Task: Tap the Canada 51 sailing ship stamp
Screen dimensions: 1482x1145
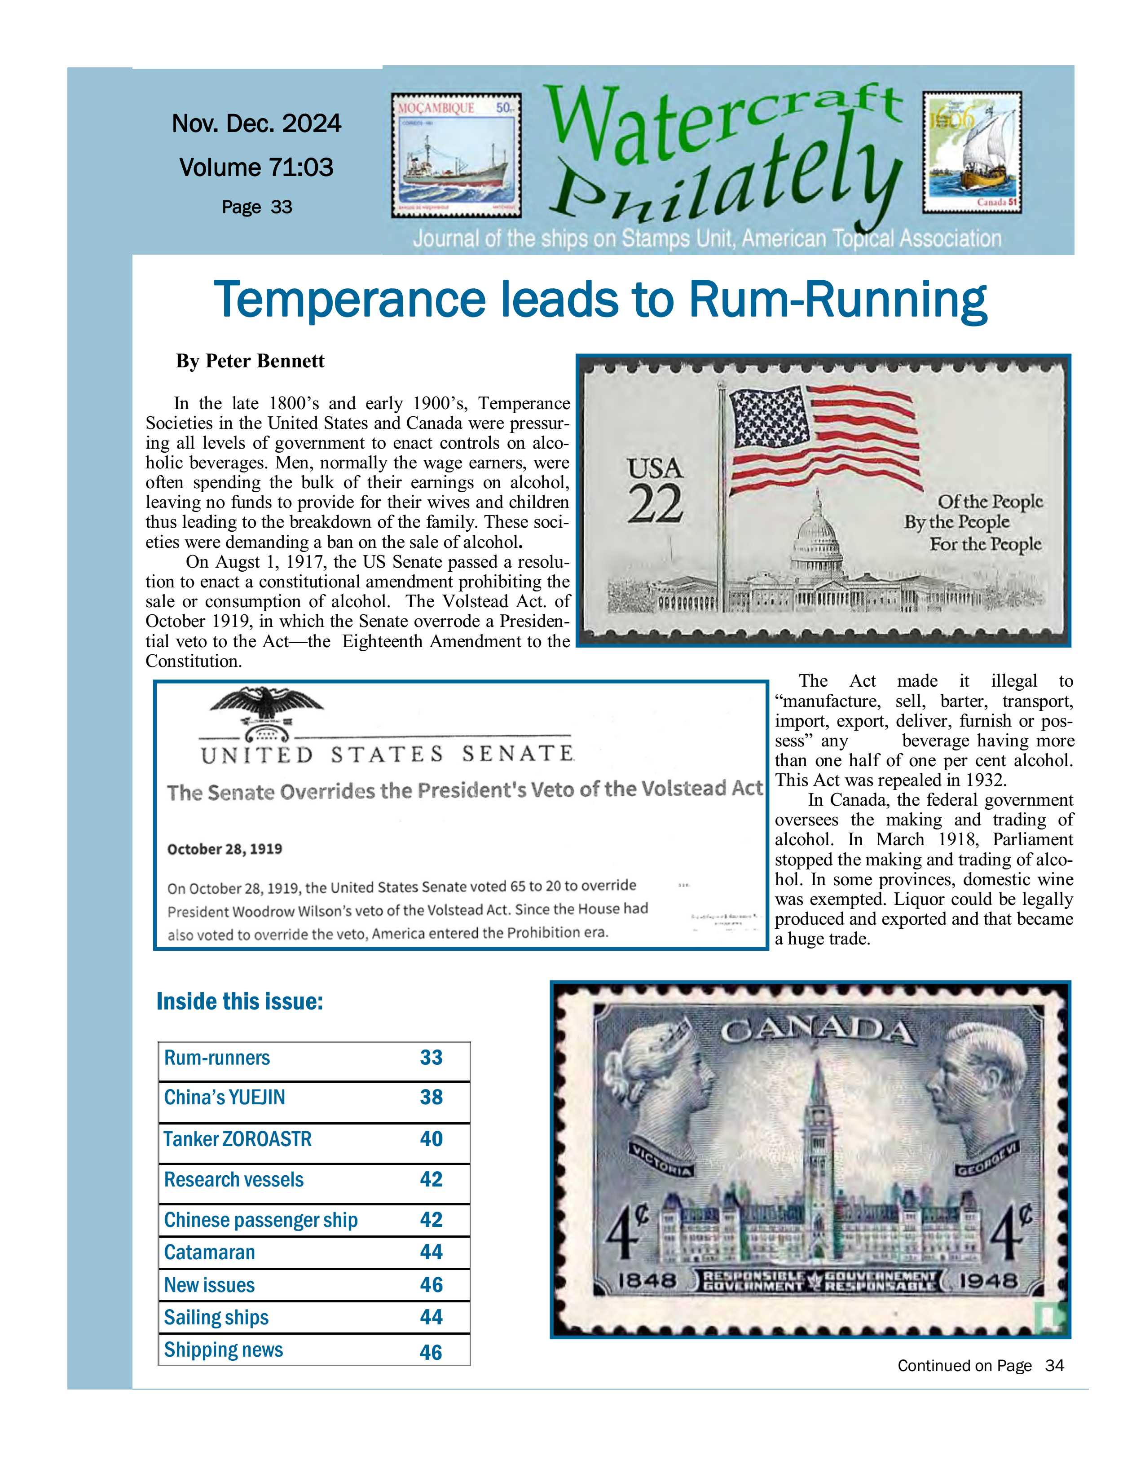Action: pyautogui.click(x=971, y=153)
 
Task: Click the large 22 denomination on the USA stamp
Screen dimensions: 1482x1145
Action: pyautogui.click(x=655, y=504)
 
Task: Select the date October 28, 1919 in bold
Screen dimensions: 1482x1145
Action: pyautogui.click(x=225, y=849)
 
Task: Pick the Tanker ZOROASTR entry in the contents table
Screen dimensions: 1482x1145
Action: pyautogui.click(x=238, y=1138)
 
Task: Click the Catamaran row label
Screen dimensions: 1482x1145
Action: pyautogui.click(x=210, y=1252)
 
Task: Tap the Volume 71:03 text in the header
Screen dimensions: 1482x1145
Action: pyautogui.click(x=256, y=167)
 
